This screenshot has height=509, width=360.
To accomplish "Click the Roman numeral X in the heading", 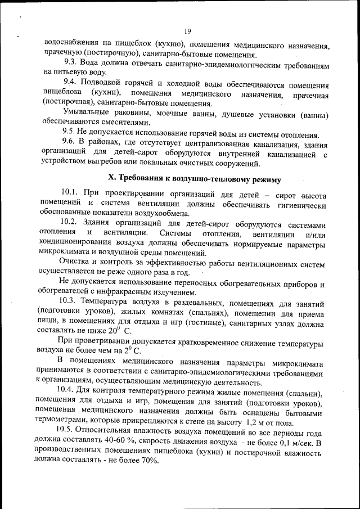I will pos(111,179).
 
